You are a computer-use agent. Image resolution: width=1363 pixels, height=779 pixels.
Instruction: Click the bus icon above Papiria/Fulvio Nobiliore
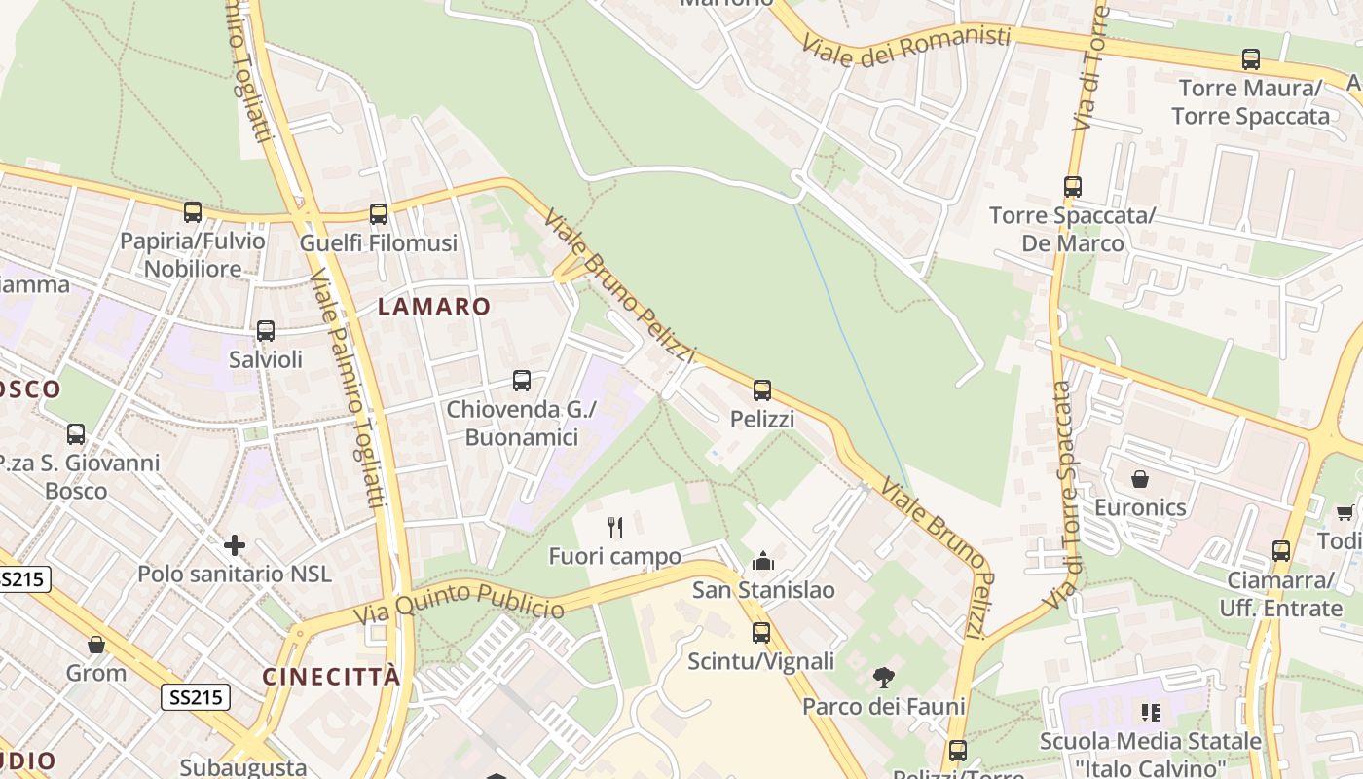coord(193,211)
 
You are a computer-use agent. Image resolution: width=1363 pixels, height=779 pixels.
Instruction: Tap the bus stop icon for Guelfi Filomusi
coord(379,213)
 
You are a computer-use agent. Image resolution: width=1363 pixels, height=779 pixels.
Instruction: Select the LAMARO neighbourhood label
coord(434,307)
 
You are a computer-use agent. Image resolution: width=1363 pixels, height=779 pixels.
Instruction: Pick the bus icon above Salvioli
coord(266,330)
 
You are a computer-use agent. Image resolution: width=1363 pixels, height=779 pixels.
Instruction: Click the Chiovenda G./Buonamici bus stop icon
coord(522,381)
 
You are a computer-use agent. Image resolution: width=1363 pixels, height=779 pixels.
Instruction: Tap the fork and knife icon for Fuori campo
coord(614,528)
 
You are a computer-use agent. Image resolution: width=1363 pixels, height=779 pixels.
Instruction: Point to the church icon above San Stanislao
coord(763,561)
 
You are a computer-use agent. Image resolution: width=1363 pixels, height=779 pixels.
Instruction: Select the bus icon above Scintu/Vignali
coord(761,632)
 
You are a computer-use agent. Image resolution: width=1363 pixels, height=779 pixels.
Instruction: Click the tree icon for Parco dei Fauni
coord(884,677)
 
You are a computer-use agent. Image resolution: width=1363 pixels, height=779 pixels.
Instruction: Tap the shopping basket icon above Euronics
coord(1140,479)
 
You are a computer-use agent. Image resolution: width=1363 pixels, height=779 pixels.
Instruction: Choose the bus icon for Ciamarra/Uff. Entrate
coord(1281,551)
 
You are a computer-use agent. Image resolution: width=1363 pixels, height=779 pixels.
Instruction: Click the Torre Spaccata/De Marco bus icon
coord(1073,186)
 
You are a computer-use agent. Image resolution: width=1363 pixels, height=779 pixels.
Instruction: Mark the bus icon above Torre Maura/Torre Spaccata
coord(1251,59)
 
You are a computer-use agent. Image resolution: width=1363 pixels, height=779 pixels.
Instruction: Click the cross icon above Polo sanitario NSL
coord(235,544)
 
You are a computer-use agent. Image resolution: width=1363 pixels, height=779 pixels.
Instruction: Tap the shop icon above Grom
coord(96,644)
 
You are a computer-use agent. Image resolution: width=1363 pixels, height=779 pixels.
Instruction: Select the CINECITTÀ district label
coord(331,677)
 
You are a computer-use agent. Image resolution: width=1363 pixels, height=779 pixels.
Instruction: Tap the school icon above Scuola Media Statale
coord(1151,713)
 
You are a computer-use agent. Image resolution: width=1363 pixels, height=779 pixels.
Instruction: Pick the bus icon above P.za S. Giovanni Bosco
coord(76,433)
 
